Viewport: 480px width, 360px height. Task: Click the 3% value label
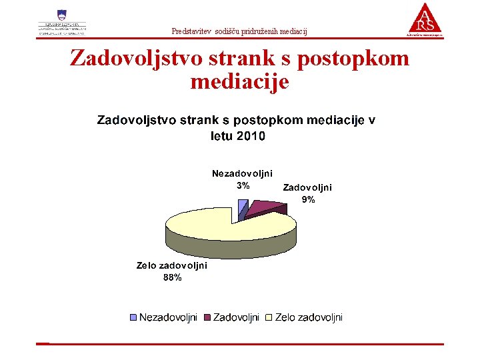[243, 185]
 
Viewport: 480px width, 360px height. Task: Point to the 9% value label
[308, 199]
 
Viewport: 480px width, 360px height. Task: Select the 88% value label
[172, 277]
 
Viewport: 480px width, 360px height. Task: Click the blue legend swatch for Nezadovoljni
[133, 318]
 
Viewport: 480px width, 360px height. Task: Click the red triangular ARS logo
[425, 18]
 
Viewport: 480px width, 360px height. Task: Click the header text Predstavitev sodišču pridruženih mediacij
[239, 31]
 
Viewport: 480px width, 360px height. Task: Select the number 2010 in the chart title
[250, 136]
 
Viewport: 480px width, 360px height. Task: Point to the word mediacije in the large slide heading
[239, 82]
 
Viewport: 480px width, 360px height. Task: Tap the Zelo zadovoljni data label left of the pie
[171, 265]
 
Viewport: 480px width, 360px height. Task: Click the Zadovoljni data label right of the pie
[307, 187]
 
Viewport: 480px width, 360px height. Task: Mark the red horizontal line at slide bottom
[240, 344]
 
